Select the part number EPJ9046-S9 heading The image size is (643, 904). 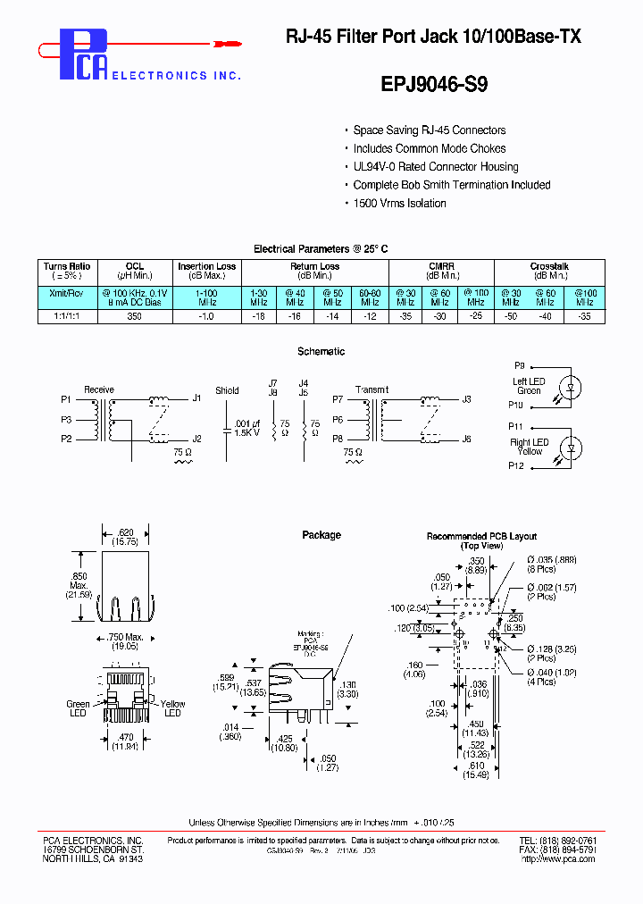click(x=434, y=84)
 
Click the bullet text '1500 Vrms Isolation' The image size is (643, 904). click(x=399, y=204)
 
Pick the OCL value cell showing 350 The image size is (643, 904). click(x=134, y=316)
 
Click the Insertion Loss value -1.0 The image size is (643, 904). click(x=207, y=316)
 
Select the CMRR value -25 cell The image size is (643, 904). click(x=478, y=316)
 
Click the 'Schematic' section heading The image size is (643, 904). click(x=321, y=352)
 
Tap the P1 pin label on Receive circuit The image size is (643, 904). click(x=66, y=398)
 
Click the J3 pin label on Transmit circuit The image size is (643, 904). click(x=466, y=399)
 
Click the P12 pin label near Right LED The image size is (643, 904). click(x=516, y=465)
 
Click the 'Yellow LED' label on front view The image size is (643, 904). click(x=172, y=708)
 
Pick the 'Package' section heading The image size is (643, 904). click(x=321, y=535)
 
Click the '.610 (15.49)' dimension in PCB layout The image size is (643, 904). click(x=477, y=769)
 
